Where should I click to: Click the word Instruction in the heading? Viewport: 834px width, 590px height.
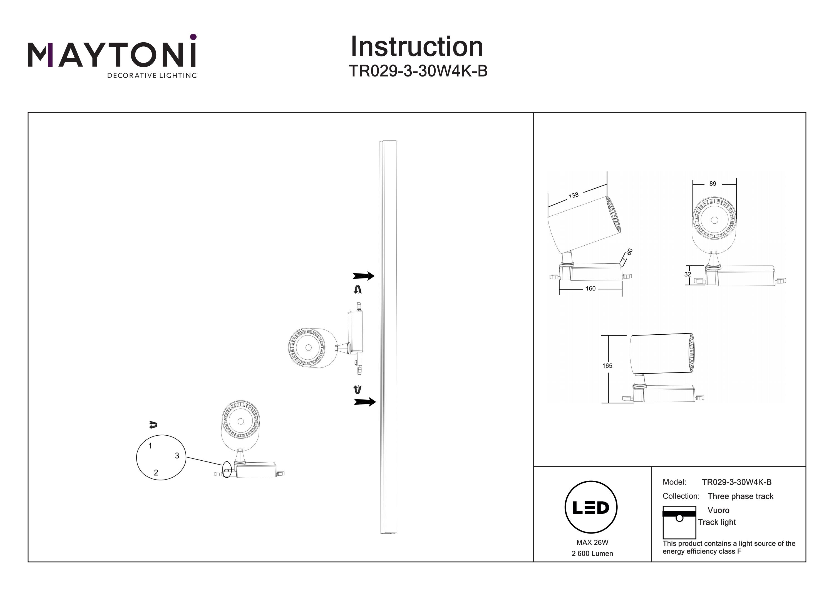(x=417, y=47)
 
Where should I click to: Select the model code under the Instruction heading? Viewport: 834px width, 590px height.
(x=418, y=71)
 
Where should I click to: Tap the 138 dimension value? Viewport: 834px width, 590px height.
(x=574, y=196)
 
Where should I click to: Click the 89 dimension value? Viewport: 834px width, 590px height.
(x=713, y=184)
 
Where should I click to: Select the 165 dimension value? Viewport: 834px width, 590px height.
(x=607, y=366)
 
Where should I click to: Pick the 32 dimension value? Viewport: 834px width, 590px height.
(x=687, y=275)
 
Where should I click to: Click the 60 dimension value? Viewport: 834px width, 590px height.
(x=629, y=251)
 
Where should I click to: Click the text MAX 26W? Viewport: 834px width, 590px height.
(x=592, y=543)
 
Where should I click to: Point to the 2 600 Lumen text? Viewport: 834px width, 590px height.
(x=592, y=554)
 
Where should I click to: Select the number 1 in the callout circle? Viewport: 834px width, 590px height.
(x=150, y=446)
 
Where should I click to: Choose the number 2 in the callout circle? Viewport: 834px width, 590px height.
(x=156, y=473)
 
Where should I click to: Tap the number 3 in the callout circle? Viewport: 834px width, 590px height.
(x=177, y=455)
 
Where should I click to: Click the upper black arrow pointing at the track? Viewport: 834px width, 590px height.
(x=363, y=276)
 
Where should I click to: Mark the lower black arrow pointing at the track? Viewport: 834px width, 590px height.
(x=365, y=402)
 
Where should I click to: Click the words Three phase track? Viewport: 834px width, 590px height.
(x=741, y=496)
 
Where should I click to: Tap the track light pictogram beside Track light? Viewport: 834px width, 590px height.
(x=679, y=522)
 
